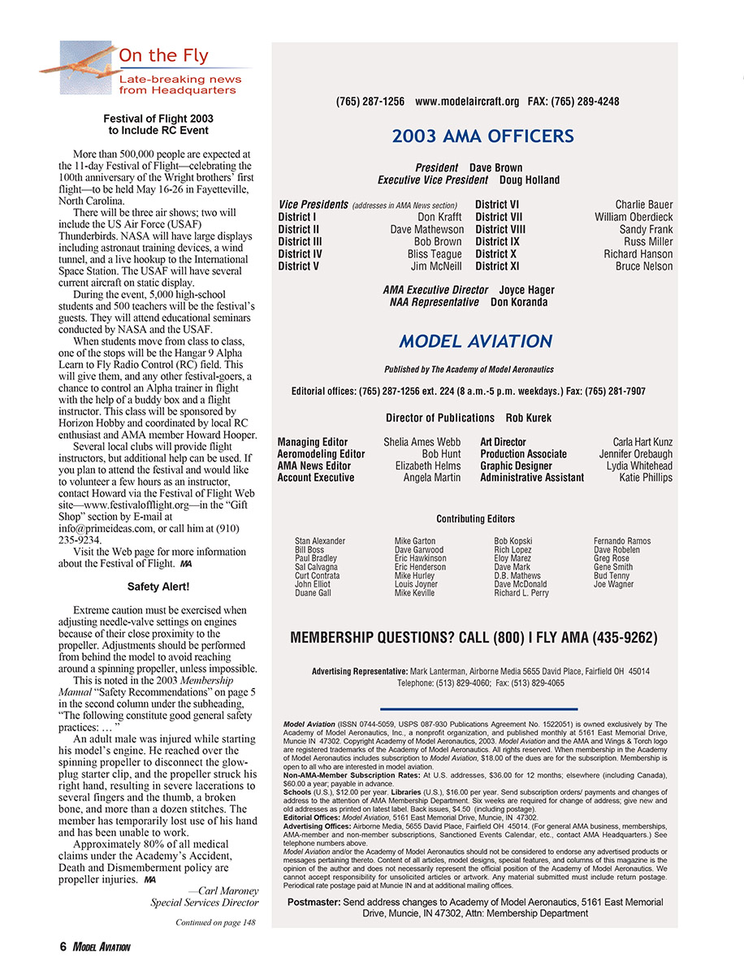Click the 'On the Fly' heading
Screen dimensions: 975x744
click(x=163, y=56)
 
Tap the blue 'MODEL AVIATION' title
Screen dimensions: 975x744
click(x=475, y=341)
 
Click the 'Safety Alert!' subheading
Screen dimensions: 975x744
click(x=158, y=586)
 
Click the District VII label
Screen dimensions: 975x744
click(x=497, y=217)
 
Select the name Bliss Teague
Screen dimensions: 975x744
click(x=435, y=253)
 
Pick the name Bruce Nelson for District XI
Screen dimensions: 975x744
click(x=643, y=266)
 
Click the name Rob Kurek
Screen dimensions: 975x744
click(x=528, y=418)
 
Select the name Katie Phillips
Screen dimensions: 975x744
click(x=646, y=478)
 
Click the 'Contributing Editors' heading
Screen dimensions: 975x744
click(x=475, y=518)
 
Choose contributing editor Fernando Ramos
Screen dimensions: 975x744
click(x=621, y=541)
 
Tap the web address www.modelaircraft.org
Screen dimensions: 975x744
click(x=466, y=102)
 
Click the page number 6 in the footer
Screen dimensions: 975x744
click(x=63, y=947)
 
